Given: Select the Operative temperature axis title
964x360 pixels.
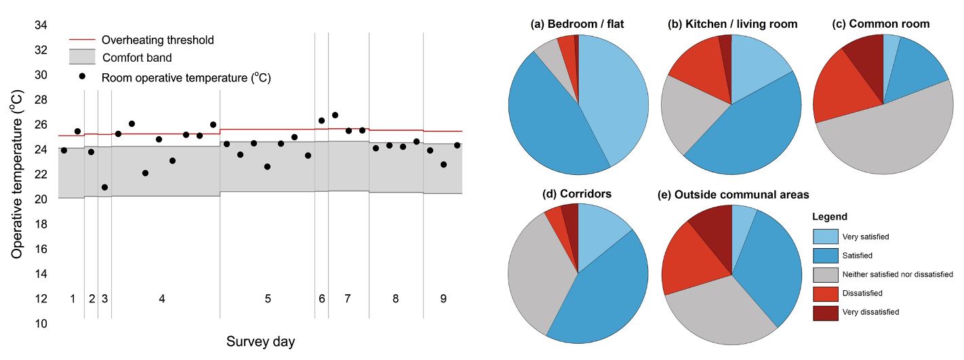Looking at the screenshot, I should click(16, 175).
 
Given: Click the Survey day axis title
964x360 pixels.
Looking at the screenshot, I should click(260, 341).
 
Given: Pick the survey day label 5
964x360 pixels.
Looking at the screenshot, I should click(268, 299).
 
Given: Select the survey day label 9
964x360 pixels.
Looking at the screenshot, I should click(443, 299).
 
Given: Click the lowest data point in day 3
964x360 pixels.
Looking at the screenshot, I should click(104, 187).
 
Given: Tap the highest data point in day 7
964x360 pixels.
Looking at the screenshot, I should click(335, 115).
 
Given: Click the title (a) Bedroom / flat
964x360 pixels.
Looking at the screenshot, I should click(577, 24).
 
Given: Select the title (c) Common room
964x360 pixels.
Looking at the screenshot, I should click(881, 24).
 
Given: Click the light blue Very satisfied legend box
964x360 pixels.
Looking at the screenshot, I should click(824, 236).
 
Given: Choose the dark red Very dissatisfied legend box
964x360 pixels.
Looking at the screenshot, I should click(824, 312).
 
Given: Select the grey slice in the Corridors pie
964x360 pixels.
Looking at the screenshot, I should click(539, 271).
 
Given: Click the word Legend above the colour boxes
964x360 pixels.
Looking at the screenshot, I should click(830, 217).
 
